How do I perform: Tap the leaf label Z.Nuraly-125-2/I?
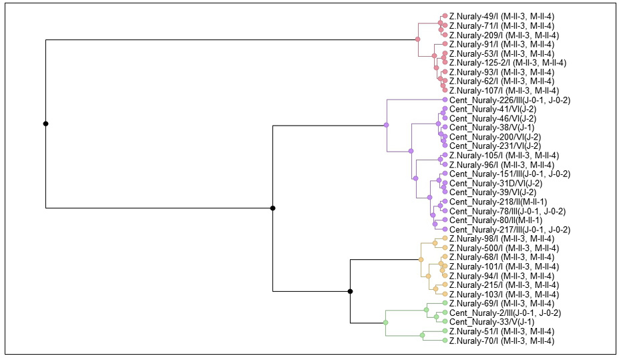pyautogui.click(x=507, y=63)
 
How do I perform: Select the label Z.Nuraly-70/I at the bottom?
pyautogui.click(x=501, y=341)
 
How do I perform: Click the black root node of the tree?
pyautogui.click(x=45, y=124)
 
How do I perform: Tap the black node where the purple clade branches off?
pyautogui.click(x=273, y=208)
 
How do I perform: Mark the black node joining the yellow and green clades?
pyautogui.click(x=351, y=291)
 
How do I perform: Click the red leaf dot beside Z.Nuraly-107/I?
pyautogui.click(x=445, y=90)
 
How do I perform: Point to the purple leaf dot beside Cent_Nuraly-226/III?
pyautogui.click(x=445, y=100)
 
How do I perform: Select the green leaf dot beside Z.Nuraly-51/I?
pyautogui.click(x=445, y=331)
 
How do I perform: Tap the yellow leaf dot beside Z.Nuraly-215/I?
pyautogui.click(x=445, y=285)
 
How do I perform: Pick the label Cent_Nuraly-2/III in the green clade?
pyautogui.click(x=505, y=313)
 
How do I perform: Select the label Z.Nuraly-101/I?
pyautogui.click(x=504, y=266)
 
